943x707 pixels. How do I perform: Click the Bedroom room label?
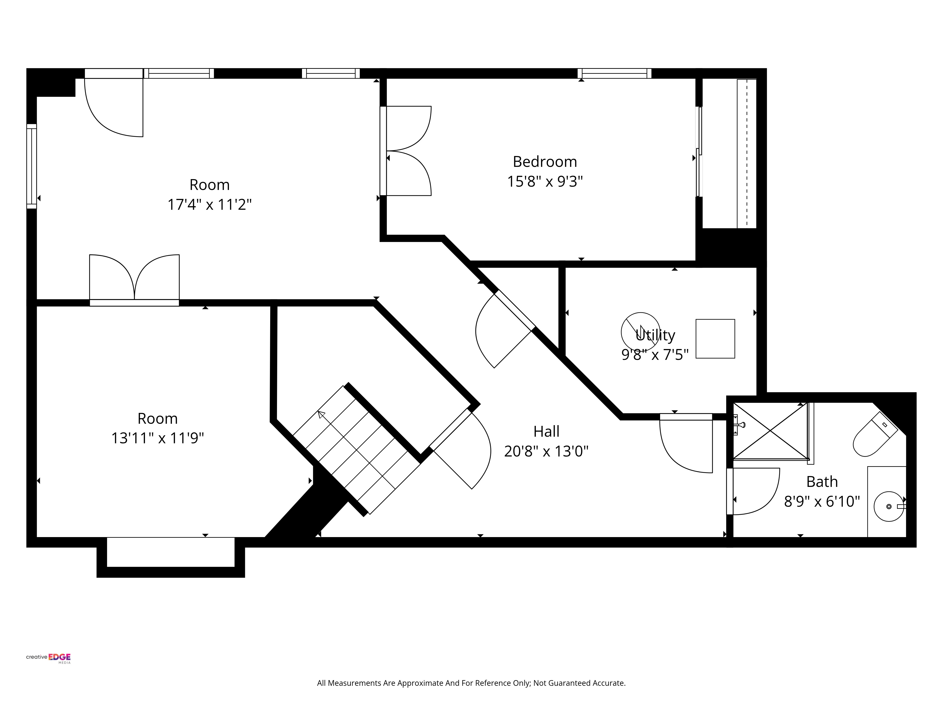coord(545,162)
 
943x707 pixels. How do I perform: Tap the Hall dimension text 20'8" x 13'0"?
coord(546,451)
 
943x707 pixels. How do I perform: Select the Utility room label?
coord(655,335)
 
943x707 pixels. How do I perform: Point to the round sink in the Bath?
coord(889,506)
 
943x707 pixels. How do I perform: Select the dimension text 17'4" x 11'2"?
coord(209,205)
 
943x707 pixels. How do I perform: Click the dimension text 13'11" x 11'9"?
coord(158,438)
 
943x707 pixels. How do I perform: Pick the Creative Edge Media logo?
coord(48,658)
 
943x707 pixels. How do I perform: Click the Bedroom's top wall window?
coord(614,73)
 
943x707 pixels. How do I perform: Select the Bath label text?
coord(822,482)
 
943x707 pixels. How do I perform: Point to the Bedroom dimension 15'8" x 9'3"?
coord(545,181)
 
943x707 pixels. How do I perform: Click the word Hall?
coord(546,432)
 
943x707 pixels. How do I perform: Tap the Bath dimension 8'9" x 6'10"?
coord(822,501)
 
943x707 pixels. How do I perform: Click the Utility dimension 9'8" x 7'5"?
coord(655,355)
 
